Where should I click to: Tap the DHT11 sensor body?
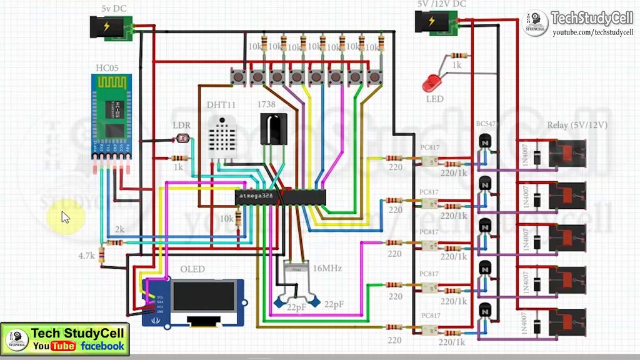coord(222,137)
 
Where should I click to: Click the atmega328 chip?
coord(281,197)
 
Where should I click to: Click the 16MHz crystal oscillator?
coord(296,269)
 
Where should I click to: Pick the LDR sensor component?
coord(182,139)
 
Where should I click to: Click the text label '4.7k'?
coord(86,256)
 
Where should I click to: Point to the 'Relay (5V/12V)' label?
coord(577,125)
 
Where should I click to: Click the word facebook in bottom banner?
coord(102,346)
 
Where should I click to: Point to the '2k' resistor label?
coord(120,230)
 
